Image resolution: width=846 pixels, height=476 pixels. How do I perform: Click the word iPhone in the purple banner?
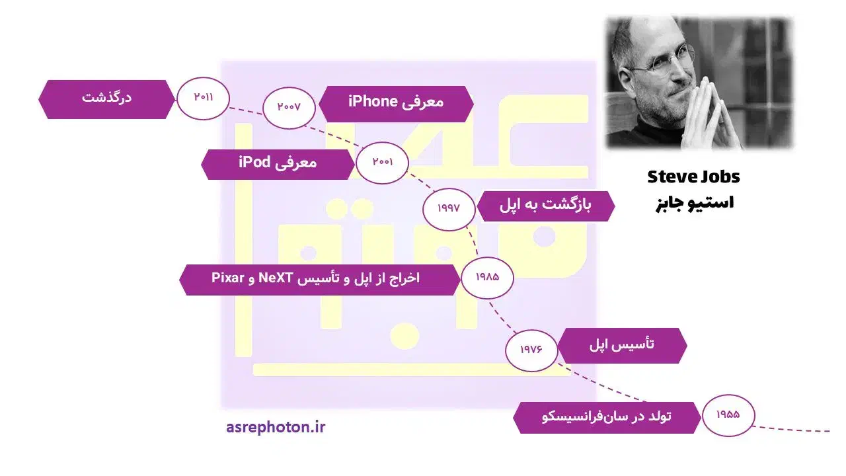(373, 102)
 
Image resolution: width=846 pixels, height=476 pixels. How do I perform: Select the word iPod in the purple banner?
(254, 163)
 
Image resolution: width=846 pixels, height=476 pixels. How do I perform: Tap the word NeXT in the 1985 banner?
(276, 278)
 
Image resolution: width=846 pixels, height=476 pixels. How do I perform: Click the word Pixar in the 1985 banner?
(228, 278)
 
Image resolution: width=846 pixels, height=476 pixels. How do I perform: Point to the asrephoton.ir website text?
(276, 428)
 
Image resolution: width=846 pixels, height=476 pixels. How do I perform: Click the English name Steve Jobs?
(694, 177)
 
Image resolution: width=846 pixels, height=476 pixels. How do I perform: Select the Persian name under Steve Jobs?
(695, 203)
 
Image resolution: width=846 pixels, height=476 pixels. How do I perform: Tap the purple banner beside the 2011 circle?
(107, 99)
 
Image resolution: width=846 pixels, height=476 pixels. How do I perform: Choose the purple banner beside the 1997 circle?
(546, 206)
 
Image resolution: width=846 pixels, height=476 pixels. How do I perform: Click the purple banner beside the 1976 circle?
(622, 346)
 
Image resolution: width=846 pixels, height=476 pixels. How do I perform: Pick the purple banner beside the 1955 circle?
(607, 417)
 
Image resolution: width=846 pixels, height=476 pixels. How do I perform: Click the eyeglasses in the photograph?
(663, 59)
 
